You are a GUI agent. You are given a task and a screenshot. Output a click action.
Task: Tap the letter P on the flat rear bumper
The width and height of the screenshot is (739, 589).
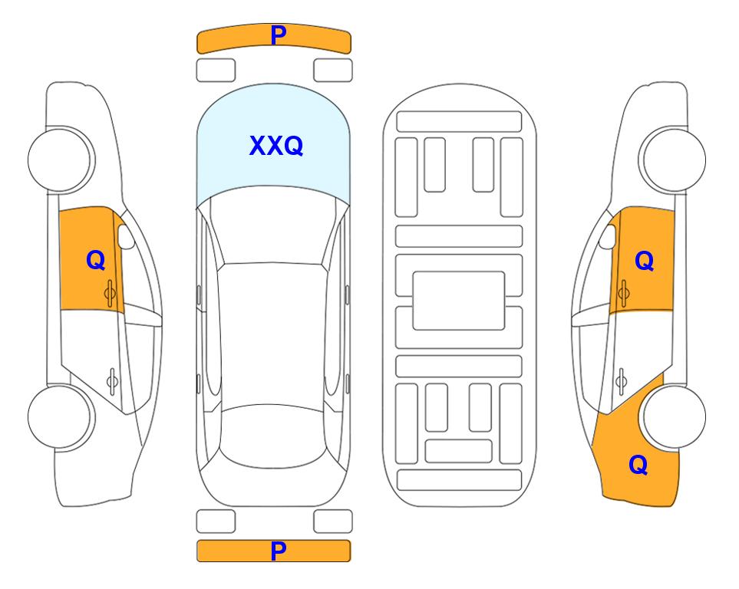coord(278,551)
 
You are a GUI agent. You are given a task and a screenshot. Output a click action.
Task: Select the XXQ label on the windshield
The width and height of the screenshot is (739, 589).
coord(276,146)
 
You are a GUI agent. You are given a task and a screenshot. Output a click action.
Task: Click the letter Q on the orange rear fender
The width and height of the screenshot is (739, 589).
coord(638,465)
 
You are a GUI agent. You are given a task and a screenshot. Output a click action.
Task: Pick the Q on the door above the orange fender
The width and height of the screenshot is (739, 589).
coord(645,261)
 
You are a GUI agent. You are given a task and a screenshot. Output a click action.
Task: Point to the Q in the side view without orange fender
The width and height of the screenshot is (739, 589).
coord(96,260)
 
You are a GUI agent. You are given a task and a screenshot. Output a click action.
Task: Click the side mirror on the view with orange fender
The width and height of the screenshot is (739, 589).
coord(608,236)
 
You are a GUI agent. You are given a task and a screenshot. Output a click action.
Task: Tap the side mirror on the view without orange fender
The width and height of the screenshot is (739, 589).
coord(126,236)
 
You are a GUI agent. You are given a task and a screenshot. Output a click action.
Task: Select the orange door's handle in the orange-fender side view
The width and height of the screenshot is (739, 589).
coord(623,293)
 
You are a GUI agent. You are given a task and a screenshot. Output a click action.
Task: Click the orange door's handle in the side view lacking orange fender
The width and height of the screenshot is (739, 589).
coord(110,293)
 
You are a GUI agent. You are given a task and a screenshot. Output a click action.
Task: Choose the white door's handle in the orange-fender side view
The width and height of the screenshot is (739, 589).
coord(621,381)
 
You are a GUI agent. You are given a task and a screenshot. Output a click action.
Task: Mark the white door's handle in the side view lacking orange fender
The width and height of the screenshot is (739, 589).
coord(112,381)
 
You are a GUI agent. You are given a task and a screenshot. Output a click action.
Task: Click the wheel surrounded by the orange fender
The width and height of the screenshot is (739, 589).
coord(674,416)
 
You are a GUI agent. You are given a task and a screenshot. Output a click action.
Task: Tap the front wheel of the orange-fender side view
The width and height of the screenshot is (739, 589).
coord(674,160)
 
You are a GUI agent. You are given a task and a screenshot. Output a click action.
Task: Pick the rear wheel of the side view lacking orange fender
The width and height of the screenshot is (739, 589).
coord(60,416)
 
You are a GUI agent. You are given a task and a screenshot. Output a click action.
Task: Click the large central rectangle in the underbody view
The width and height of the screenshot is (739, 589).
coord(459,301)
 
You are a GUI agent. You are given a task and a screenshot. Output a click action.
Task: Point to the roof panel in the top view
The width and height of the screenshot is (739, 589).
coord(272,334)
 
